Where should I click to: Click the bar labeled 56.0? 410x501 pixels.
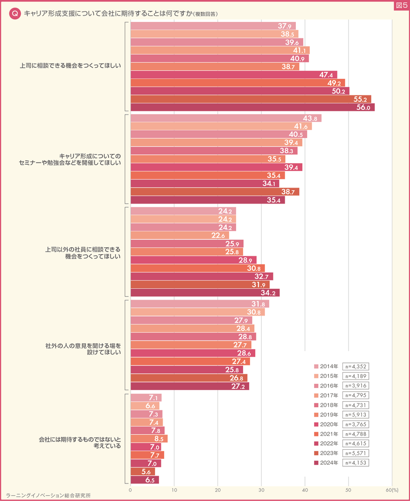click(252, 107)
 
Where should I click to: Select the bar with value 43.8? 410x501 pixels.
click(226, 118)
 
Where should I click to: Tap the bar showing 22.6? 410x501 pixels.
click(179, 236)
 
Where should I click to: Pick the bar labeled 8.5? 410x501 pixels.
click(149, 439)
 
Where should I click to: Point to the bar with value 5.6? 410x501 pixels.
click(142, 472)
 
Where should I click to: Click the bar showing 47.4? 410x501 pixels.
click(234, 75)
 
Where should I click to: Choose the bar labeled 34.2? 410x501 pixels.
click(205, 293)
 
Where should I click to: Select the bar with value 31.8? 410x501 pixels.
click(199, 304)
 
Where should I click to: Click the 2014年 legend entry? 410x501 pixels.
click(326, 367)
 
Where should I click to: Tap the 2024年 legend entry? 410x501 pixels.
click(326, 463)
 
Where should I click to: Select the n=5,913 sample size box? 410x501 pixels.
click(356, 415)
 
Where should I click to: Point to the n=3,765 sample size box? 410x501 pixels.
click(356, 424)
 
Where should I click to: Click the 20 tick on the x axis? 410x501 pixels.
click(218, 489)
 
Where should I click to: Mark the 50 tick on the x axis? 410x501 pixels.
click(348, 489)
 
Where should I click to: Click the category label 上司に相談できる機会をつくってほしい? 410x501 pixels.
click(71, 67)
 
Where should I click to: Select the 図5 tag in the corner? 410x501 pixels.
click(400, 5)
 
